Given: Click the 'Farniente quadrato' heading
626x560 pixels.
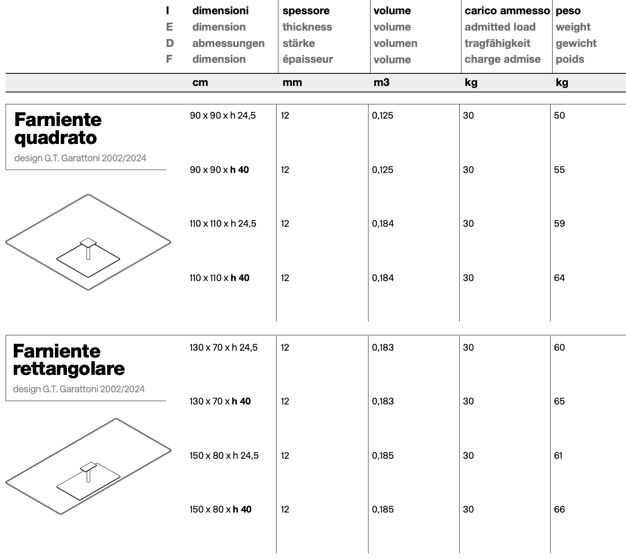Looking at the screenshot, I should click(58, 128).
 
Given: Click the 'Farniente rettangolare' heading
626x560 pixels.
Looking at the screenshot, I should click(69, 360).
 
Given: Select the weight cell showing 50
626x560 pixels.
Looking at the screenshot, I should click(559, 115).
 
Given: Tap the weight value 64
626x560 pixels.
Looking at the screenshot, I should click(559, 278).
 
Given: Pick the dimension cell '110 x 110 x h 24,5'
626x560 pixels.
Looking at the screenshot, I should click(223, 224).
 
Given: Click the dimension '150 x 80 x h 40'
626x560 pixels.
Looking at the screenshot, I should click(221, 509).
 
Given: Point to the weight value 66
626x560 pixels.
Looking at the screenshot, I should click(559, 509).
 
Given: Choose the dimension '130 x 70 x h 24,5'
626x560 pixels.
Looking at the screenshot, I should click(224, 347).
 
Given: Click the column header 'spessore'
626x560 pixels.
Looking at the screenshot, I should click(306, 11).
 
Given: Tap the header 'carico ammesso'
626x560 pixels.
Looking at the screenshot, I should click(507, 11).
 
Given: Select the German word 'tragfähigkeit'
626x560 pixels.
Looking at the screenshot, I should click(497, 43).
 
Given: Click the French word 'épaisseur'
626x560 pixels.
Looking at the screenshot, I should click(307, 59).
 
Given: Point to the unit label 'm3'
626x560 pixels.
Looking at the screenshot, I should click(381, 82).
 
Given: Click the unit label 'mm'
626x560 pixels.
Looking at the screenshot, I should click(292, 82).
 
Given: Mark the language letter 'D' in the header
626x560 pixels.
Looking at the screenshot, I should click(169, 43).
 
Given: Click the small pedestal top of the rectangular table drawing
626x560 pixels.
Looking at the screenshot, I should click(89, 467).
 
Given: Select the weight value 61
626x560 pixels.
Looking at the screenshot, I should click(558, 456).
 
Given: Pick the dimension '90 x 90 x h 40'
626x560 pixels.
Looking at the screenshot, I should click(219, 170).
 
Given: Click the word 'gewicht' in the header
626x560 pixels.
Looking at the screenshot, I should click(576, 43).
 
